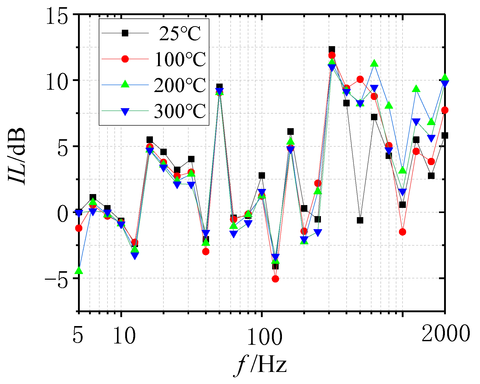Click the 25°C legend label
180,33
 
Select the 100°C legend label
180,59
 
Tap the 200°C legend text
180,85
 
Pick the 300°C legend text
180,111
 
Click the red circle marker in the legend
125,59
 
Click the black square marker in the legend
125,33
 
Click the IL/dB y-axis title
17,156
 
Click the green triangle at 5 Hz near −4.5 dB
79,271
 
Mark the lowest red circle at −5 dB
275,279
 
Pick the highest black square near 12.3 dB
332,49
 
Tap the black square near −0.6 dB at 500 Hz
360,220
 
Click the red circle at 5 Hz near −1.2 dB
79,228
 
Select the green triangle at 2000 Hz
445,77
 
